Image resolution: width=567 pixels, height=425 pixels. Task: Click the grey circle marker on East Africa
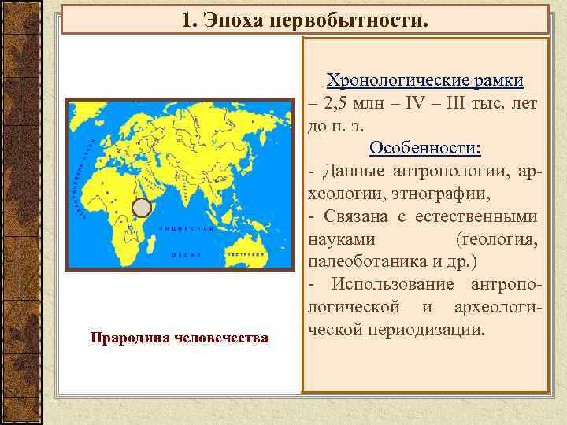[141, 208]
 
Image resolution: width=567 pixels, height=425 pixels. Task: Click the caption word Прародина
[127, 338]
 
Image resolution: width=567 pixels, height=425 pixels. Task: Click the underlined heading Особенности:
[425, 148]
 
